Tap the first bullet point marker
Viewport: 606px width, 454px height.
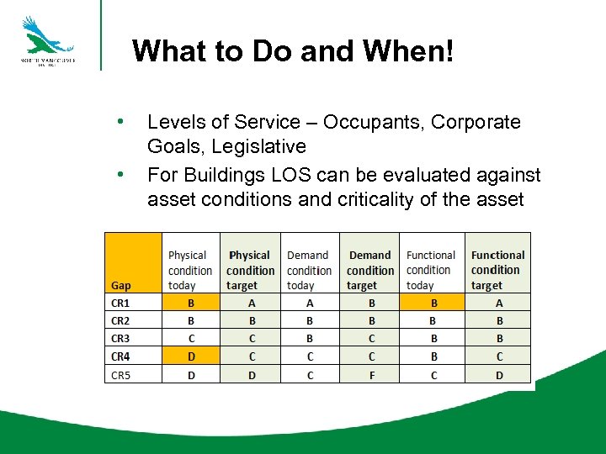pos(123,122)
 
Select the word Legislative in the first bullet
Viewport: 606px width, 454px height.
pos(258,146)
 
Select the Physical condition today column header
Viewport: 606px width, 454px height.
pos(190,270)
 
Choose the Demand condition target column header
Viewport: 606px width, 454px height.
pos(369,270)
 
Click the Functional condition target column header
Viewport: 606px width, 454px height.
pos(497,270)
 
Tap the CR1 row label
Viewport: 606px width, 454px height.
pos(121,303)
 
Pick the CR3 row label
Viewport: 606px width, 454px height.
pos(121,339)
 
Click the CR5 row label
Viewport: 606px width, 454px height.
pos(121,375)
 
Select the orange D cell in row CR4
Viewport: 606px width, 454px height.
pos(191,356)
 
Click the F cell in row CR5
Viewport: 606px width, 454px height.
pos(369,375)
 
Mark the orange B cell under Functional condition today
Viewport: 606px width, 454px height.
pos(433,303)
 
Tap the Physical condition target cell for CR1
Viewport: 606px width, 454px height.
pos(251,303)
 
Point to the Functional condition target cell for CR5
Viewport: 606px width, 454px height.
pos(498,375)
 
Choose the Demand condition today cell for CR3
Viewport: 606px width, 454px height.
pos(310,339)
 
